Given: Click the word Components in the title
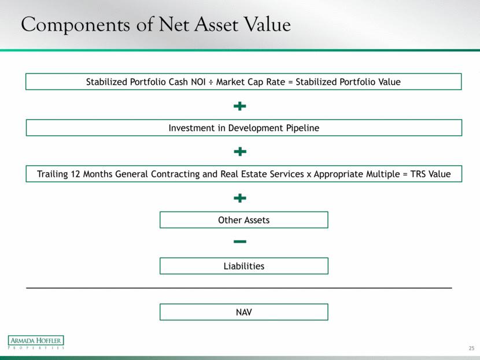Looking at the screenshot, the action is click(75, 25).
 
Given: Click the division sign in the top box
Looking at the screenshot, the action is click(211, 82).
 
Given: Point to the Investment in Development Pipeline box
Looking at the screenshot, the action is click(244, 128).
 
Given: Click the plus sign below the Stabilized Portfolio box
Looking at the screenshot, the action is click(239, 106).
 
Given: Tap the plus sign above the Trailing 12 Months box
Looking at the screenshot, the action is click(240, 152).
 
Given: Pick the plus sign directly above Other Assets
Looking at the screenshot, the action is click(240, 198).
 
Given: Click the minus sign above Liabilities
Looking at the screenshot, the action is click(240, 242).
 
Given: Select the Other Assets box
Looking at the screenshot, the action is click(244, 220).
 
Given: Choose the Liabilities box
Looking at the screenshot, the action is click(244, 266).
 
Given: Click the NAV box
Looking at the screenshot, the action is click(244, 312).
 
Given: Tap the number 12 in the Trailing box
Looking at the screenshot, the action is click(75, 174).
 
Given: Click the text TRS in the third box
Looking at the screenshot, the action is click(418, 174).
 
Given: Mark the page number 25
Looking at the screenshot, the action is click(471, 348).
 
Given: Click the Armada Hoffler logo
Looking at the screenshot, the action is click(36, 342).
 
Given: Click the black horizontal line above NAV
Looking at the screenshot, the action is click(239, 288).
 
